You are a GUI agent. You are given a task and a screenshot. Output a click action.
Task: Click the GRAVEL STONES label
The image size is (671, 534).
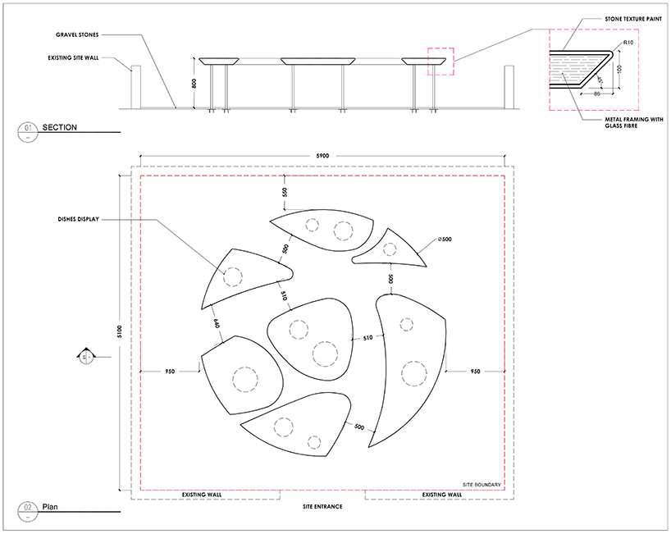(x=77, y=35)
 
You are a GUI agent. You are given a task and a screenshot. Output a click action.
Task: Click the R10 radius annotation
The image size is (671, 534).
(x=628, y=43)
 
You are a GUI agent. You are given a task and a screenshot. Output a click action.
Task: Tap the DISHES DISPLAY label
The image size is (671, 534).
(x=78, y=220)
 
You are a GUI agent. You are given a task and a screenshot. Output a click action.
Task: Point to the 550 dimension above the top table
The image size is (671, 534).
(x=285, y=191)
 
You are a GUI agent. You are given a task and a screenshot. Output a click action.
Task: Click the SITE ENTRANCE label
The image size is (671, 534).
(x=322, y=507)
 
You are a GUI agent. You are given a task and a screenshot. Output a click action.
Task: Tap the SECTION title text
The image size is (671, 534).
(x=62, y=127)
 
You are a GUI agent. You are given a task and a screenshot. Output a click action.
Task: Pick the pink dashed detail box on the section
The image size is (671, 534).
(x=440, y=62)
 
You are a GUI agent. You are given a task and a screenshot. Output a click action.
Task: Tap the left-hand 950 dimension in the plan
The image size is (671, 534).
(x=170, y=371)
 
